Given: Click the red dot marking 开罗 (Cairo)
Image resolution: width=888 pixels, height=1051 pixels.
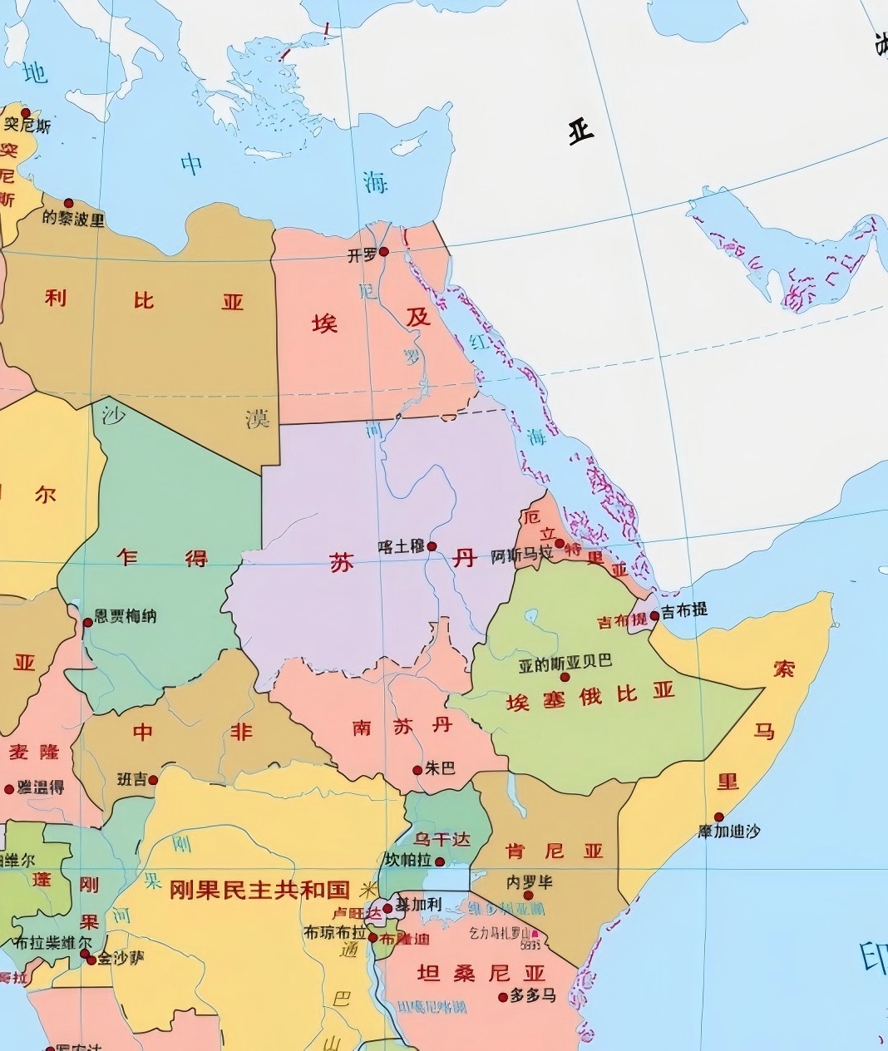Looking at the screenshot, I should [x=383, y=251].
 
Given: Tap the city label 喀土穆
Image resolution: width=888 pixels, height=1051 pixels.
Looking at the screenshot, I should [x=401, y=546].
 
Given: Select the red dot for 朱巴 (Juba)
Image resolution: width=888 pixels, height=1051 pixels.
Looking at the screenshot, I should [x=418, y=770].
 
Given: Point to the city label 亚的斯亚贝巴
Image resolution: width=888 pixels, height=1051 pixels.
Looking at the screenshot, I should [x=565, y=662].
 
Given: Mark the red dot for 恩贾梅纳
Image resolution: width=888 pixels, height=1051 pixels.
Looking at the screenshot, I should [x=88, y=622].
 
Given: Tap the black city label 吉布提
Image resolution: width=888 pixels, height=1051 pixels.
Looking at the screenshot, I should [x=684, y=609].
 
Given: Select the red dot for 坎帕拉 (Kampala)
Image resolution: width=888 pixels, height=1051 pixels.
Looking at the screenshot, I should [x=440, y=861].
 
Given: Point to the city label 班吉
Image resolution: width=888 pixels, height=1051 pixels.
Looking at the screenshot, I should [x=131, y=779].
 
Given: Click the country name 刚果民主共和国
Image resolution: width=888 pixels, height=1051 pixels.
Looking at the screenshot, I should [x=259, y=890].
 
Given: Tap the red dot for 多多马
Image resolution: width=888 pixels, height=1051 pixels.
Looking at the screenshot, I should [x=502, y=997].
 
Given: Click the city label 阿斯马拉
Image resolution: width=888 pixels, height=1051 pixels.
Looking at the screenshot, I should [x=521, y=555].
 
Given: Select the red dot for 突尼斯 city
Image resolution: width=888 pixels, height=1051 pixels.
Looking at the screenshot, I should [x=26, y=112].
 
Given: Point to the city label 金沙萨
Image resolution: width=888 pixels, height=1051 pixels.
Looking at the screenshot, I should [x=121, y=959].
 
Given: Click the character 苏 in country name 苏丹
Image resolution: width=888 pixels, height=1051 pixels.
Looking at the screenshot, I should [x=342, y=564].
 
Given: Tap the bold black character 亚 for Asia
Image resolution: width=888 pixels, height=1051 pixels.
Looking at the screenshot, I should [x=581, y=131].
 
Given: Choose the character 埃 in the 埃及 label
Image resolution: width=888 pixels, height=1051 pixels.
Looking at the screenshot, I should [x=325, y=323].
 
